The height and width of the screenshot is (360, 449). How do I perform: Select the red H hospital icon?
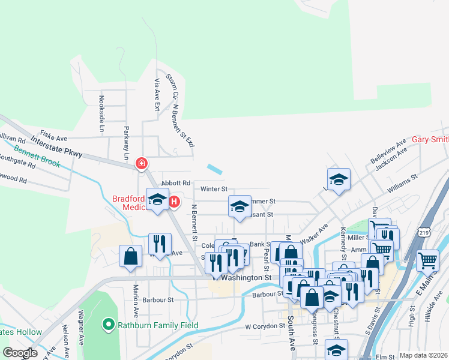point(174,202)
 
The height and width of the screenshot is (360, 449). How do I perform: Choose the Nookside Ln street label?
point(101,114)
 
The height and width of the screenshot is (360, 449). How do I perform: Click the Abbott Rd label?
point(175,183)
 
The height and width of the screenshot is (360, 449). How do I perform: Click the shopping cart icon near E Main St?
point(427,260)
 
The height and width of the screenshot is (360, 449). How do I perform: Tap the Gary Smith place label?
point(430,139)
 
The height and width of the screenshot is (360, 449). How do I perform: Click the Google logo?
point(20,353)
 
